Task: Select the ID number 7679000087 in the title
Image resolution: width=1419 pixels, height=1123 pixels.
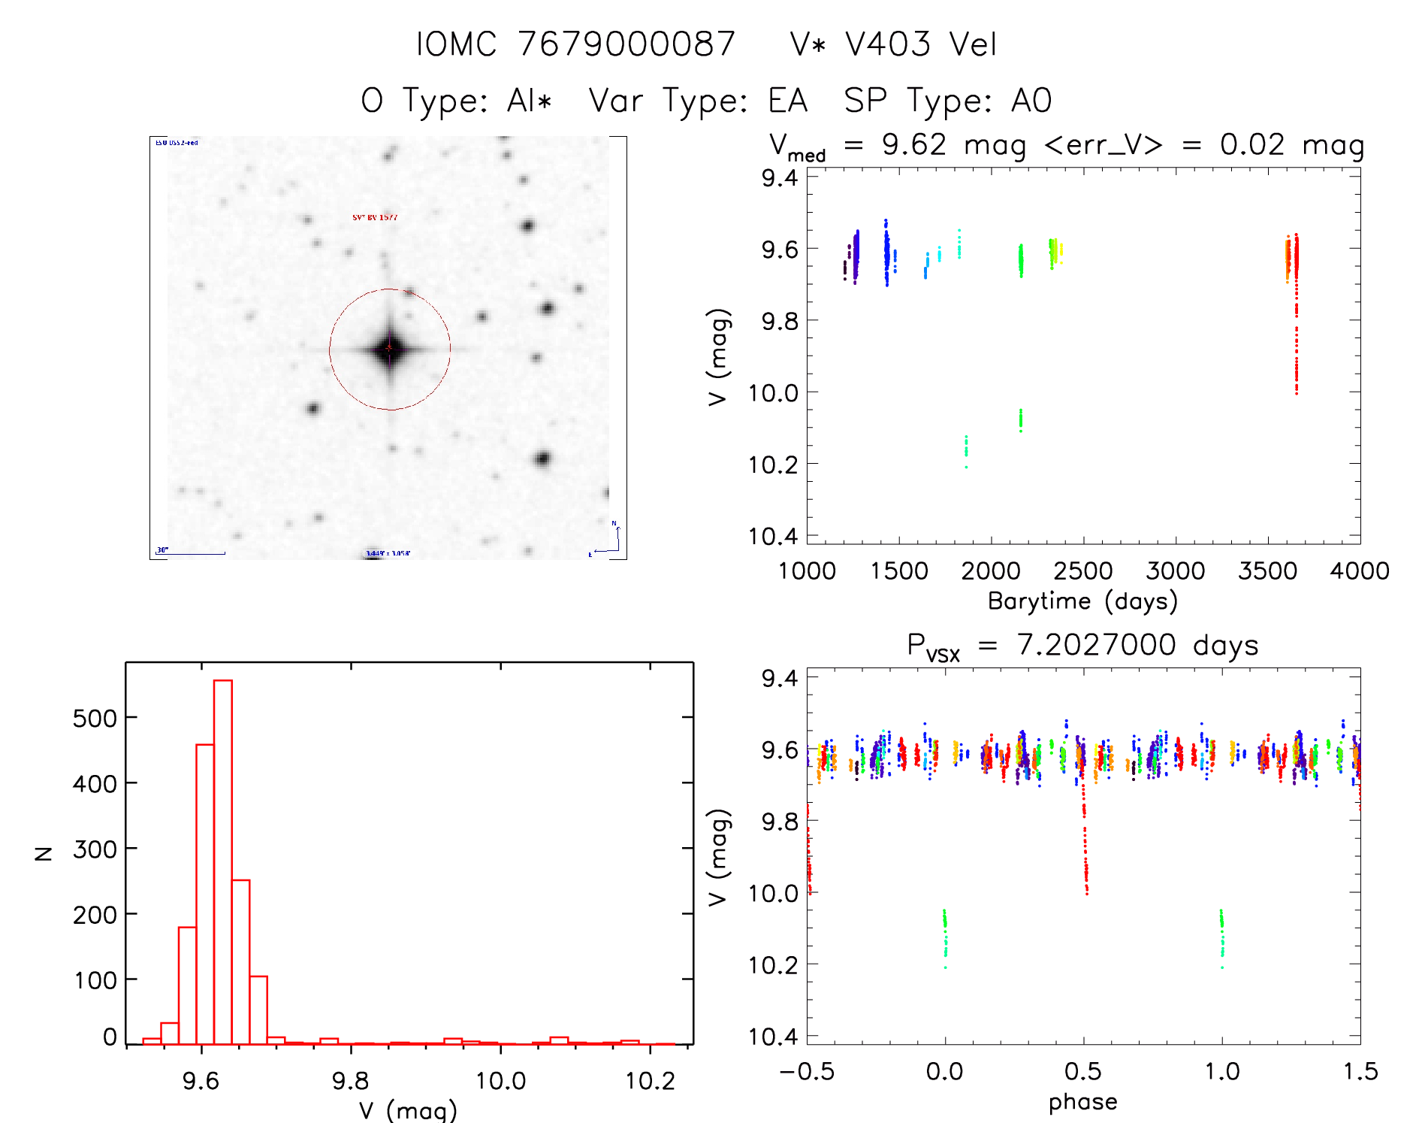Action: [626, 44]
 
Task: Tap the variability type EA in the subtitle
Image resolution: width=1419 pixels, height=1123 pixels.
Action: [787, 101]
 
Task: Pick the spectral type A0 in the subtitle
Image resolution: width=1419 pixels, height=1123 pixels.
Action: [1031, 101]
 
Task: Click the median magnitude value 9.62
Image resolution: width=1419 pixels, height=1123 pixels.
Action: [913, 144]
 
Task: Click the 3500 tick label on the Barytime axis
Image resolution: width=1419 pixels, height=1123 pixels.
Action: [1267, 571]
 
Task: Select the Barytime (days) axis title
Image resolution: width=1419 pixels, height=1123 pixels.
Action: [1082, 601]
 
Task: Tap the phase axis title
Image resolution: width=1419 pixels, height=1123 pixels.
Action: [1082, 1102]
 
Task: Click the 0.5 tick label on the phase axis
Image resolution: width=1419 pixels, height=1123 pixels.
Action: [1082, 1072]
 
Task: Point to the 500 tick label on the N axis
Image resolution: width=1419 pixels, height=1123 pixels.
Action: [95, 719]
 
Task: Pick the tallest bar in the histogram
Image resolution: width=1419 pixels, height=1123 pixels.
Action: [223, 861]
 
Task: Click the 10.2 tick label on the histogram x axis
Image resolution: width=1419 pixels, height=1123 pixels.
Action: [650, 1081]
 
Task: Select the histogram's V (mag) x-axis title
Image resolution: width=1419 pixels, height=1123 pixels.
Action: [408, 1110]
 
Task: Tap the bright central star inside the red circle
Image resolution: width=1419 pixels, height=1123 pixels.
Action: [389, 348]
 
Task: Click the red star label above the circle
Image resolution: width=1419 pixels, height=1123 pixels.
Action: [375, 217]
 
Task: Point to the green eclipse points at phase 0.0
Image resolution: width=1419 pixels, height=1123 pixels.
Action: [945, 936]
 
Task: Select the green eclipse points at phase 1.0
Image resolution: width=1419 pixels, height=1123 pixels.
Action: [1222, 936]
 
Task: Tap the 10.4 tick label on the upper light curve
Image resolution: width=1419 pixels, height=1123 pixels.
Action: [773, 536]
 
